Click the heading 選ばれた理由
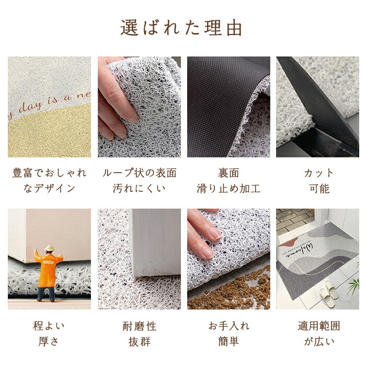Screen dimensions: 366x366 pyautogui.click(x=181, y=28)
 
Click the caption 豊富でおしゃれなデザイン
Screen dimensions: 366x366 pyautogui.click(x=49, y=180)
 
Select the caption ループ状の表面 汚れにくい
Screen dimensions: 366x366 pyautogui.click(x=140, y=180)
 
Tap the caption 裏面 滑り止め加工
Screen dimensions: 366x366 pyautogui.click(x=228, y=180)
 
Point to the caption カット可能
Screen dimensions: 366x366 pyautogui.click(x=319, y=180)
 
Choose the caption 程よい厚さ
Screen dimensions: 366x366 pyautogui.click(x=49, y=334)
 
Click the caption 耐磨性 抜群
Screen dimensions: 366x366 pyautogui.click(x=140, y=334)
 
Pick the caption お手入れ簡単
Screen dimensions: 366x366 pyautogui.click(x=229, y=334)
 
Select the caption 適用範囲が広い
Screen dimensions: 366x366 pyautogui.click(x=319, y=334)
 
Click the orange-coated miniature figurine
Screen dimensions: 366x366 pyautogui.click(x=48, y=273)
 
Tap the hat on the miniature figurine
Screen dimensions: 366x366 pyautogui.click(x=49, y=248)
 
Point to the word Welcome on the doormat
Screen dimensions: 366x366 pyautogui.click(x=299, y=252)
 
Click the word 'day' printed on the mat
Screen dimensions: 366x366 pyautogui.click(x=30, y=107)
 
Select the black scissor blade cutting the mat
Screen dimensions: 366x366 pyautogui.click(x=318, y=98)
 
